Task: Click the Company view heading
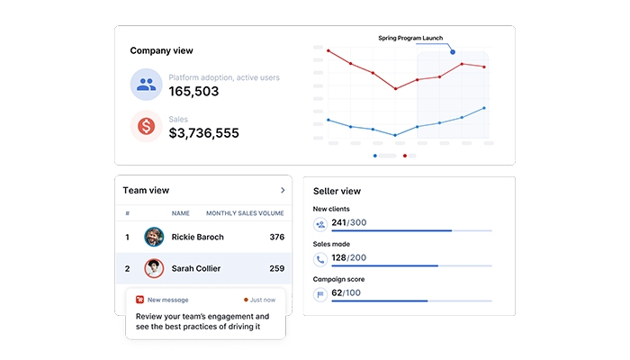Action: pos(161,51)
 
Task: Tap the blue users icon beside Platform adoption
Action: pos(146,85)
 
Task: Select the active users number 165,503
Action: pos(193,92)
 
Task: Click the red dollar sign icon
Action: pos(146,127)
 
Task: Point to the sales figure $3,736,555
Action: pos(204,133)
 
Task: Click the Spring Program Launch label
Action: pos(410,39)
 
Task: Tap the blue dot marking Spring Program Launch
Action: pos(453,52)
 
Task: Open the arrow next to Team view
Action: pos(283,191)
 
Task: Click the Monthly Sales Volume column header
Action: pos(245,214)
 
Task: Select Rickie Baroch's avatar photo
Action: pos(154,237)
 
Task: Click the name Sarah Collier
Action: pos(196,268)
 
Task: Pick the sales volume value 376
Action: pos(276,238)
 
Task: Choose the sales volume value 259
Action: pos(276,268)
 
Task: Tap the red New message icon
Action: pos(139,299)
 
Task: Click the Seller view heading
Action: pos(337,191)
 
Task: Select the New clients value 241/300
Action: pos(349,222)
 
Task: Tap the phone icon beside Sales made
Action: pos(319,259)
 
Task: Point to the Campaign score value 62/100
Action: pos(346,292)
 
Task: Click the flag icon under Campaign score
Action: pos(319,293)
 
